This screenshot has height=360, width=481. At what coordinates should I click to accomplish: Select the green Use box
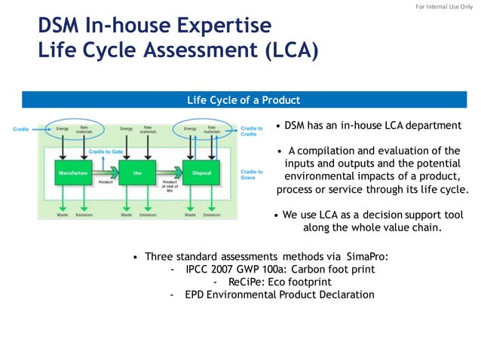[136, 173]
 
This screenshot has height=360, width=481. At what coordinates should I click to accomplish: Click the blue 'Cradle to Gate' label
[106, 151]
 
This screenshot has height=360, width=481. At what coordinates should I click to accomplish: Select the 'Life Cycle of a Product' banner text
[244, 100]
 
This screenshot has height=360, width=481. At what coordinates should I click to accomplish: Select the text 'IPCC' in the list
[198, 269]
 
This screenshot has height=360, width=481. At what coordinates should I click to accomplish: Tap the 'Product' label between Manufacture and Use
[105, 182]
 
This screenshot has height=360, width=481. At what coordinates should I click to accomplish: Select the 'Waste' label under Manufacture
[63, 215]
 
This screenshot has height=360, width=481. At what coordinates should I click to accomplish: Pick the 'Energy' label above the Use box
[127, 129]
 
